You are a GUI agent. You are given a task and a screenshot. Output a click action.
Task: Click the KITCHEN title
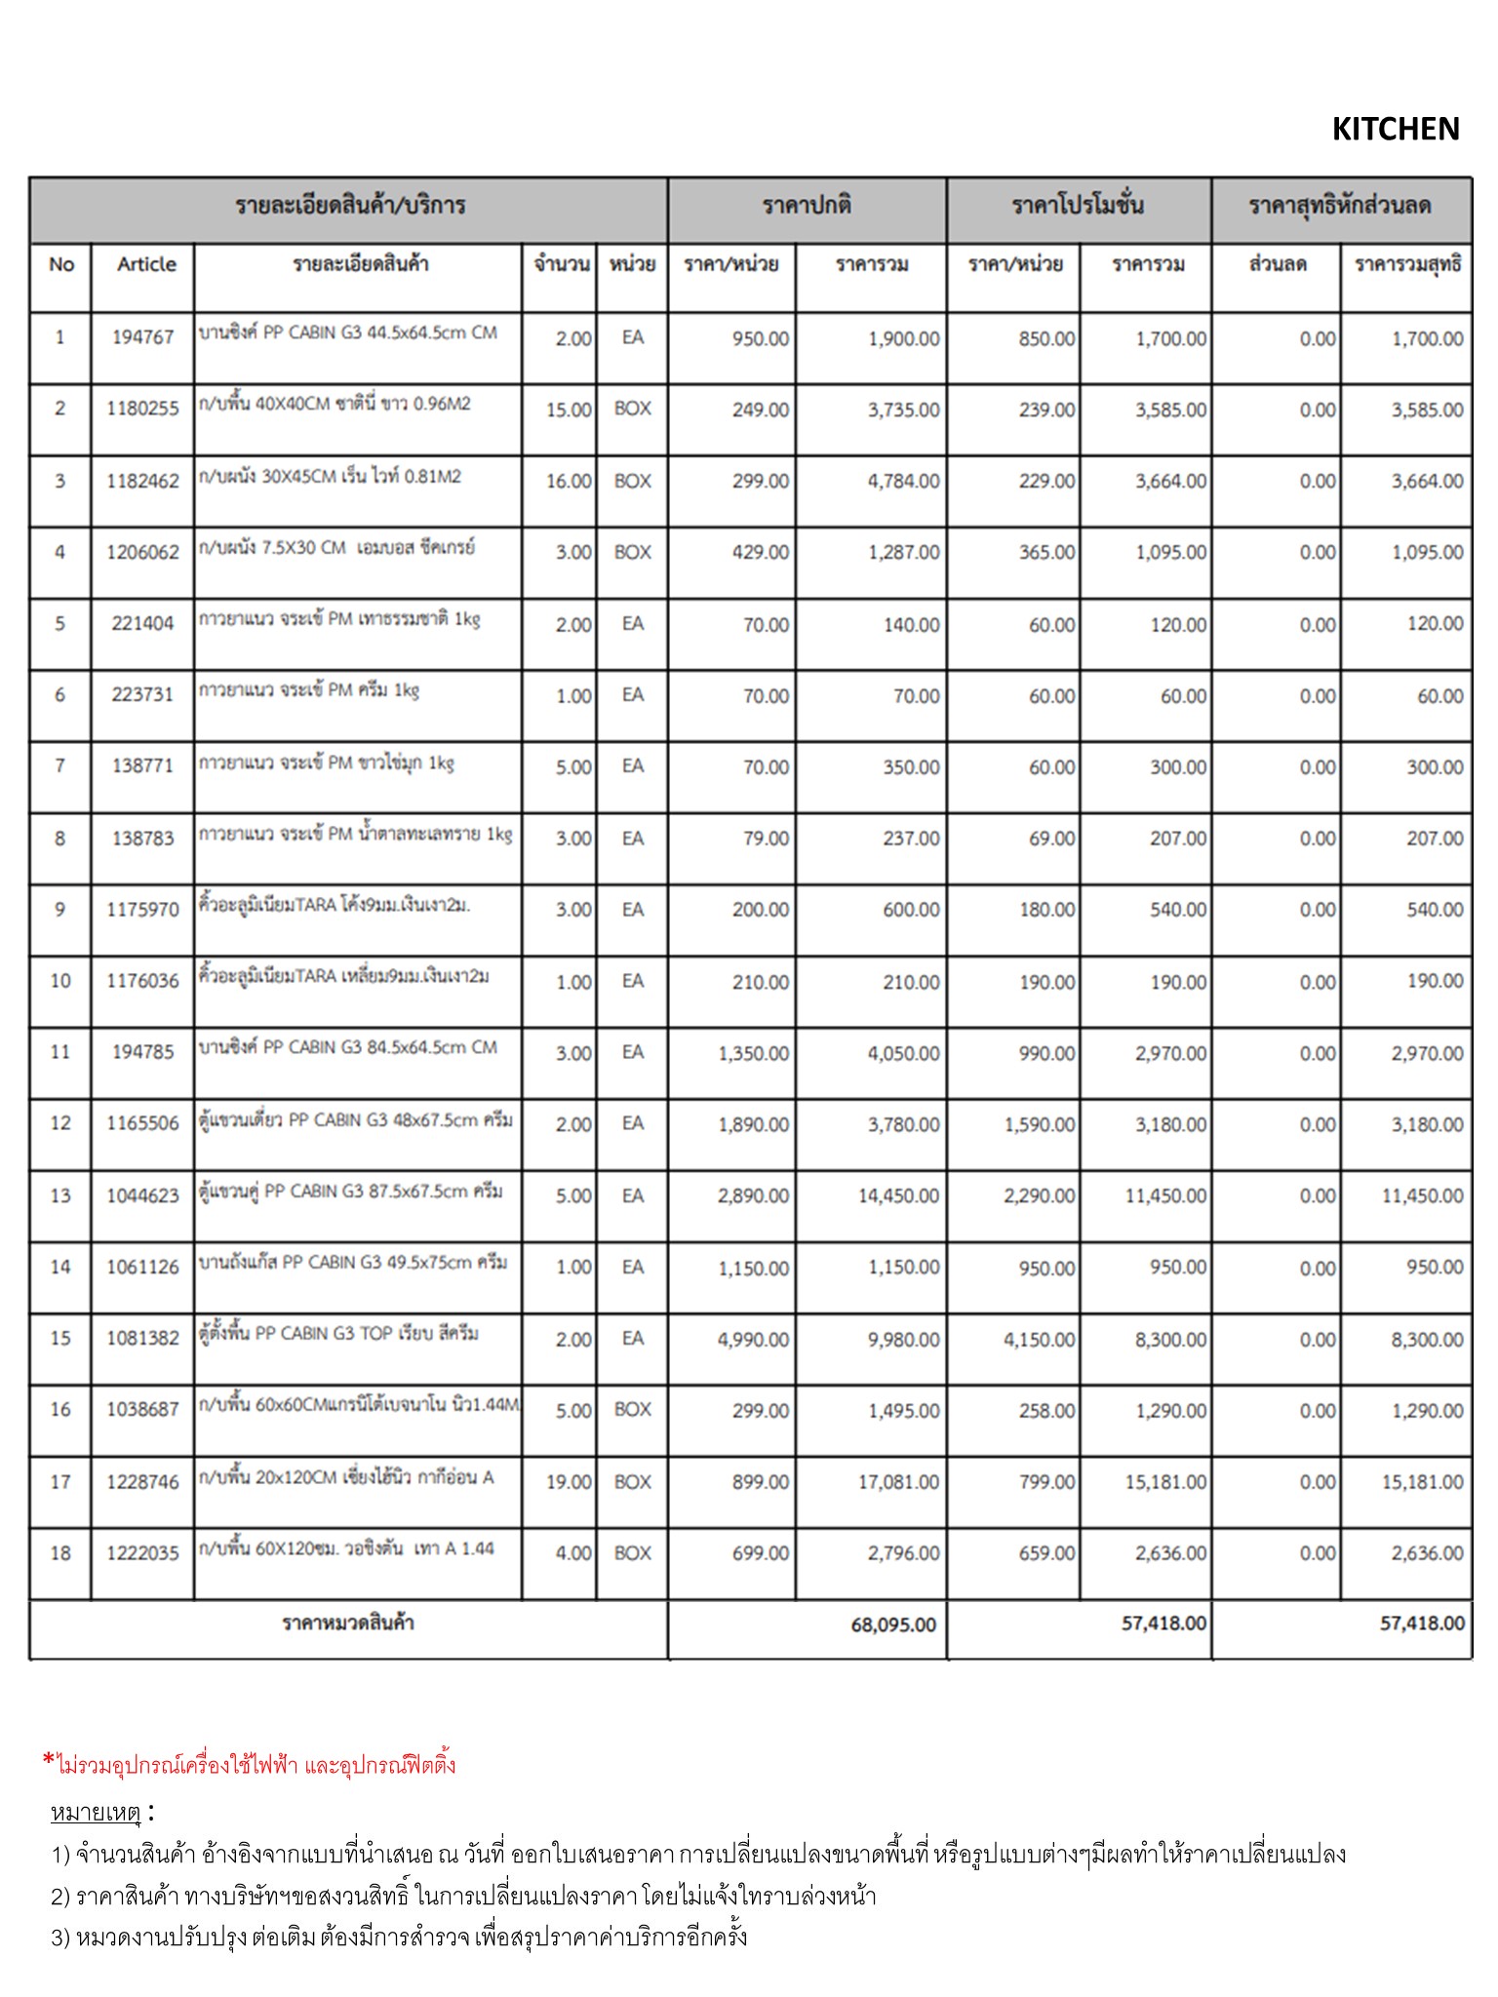click(x=1395, y=129)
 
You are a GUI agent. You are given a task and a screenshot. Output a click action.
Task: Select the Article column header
click(x=146, y=264)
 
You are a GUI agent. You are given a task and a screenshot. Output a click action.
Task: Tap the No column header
click(x=60, y=264)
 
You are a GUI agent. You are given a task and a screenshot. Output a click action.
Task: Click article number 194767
click(x=142, y=337)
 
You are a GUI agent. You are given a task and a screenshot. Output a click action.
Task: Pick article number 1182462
click(x=142, y=481)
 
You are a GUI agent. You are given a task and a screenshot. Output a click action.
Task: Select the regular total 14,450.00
click(x=898, y=1195)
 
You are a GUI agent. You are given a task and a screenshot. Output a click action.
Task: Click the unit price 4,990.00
click(x=753, y=1340)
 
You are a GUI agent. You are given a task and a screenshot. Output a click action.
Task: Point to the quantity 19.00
click(x=569, y=1482)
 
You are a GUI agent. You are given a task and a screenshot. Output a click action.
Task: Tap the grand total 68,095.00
click(x=892, y=1625)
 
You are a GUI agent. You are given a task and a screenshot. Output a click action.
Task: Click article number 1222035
click(x=142, y=1553)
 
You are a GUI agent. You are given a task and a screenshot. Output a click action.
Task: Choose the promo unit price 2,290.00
click(x=1039, y=1195)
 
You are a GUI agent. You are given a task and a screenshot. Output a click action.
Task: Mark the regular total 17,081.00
click(x=898, y=1482)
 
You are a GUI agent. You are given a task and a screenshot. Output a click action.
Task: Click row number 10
click(x=60, y=981)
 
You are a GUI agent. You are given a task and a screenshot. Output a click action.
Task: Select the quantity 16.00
click(x=569, y=481)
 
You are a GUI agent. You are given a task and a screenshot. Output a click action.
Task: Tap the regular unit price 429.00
click(x=760, y=552)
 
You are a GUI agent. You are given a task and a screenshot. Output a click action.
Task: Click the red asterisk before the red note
click(x=48, y=1760)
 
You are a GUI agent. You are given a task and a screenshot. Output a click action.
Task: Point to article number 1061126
click(x=142, y=1267)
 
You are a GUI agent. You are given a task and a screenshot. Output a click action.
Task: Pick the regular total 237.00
click(x=911, y=839)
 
